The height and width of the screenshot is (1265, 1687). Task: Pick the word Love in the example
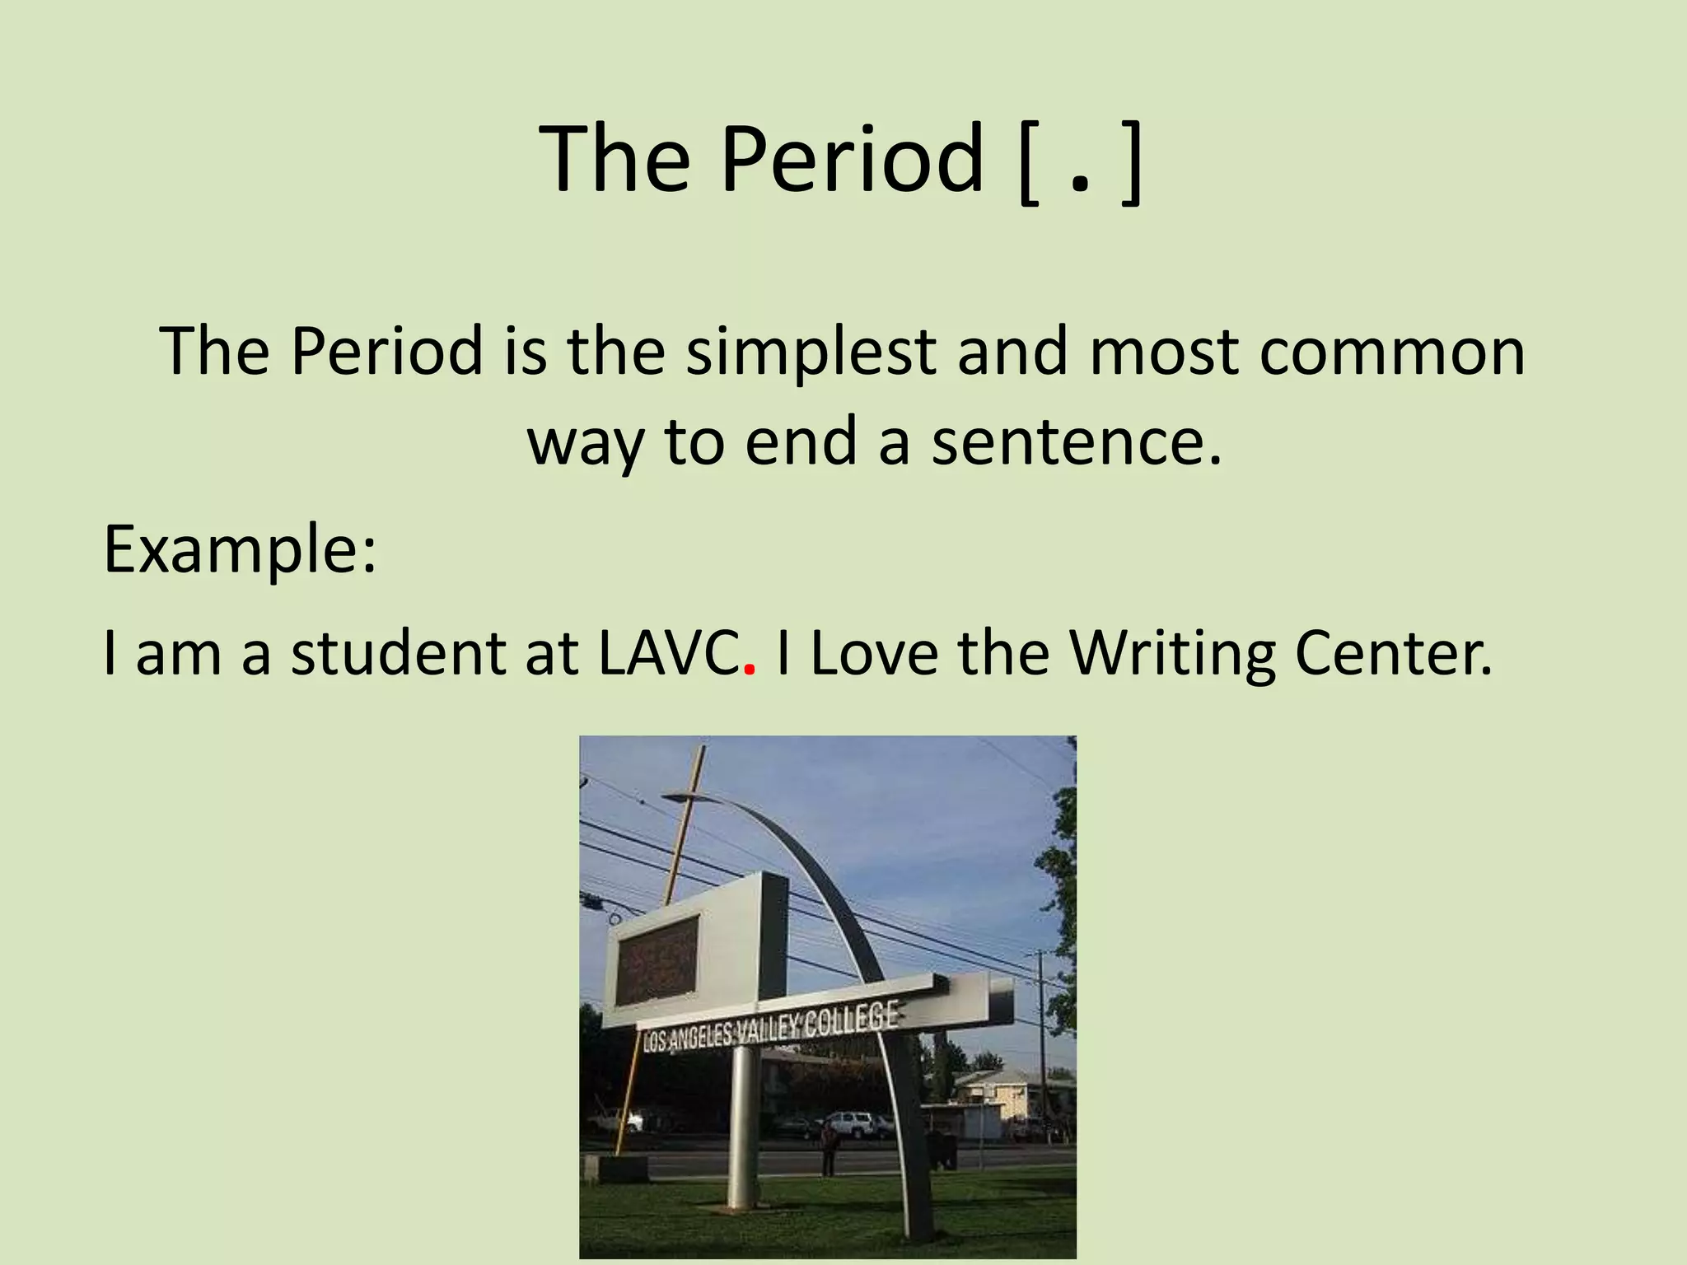tap(873, 652)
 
